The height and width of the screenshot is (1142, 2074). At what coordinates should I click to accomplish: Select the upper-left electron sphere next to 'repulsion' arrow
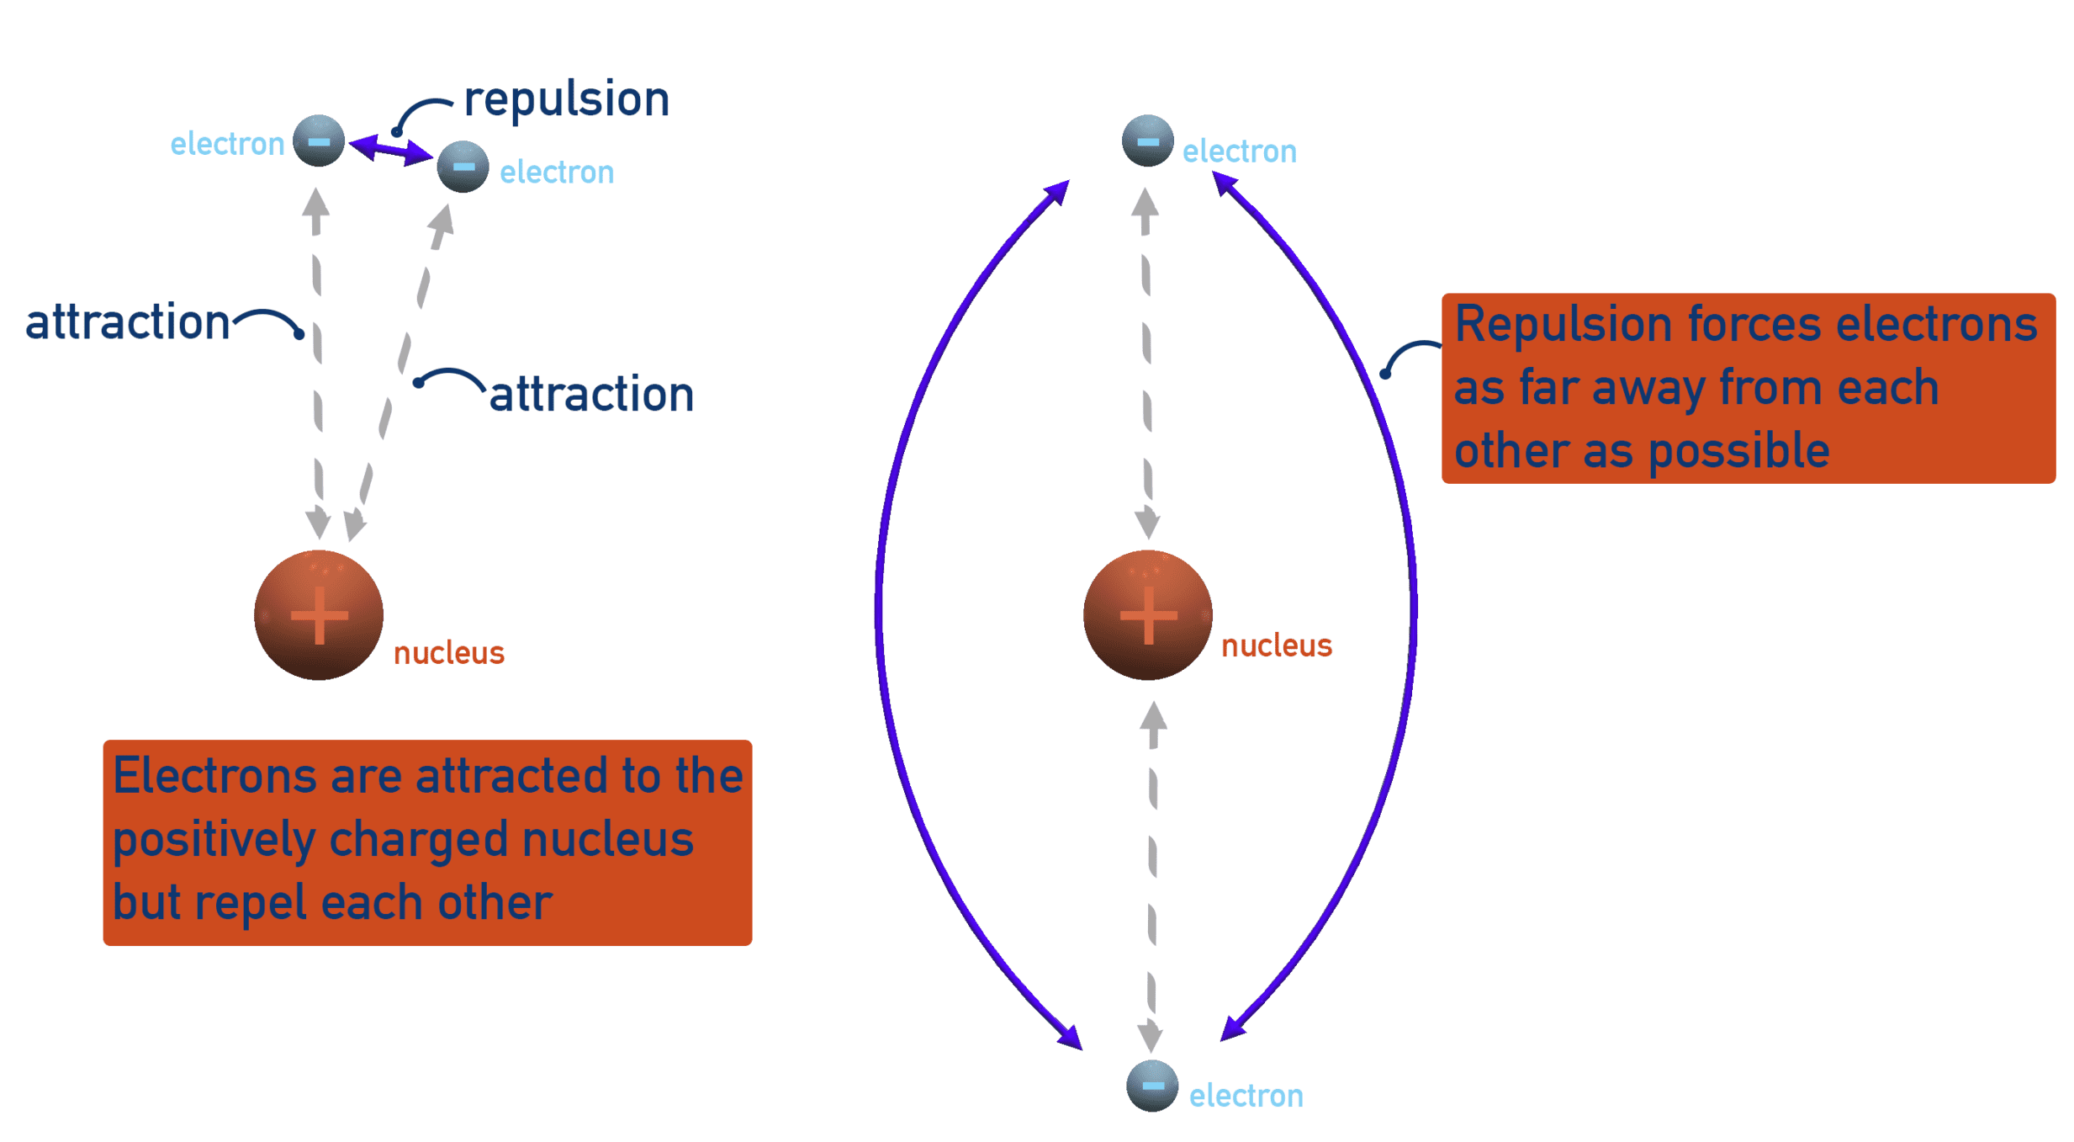tap(319, 141)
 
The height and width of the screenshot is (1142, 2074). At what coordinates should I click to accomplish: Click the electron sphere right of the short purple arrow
tap(463, 167)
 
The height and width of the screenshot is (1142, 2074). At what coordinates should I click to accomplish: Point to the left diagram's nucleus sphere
tap(319, 614)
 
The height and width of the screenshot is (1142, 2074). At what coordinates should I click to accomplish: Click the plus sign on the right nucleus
tap(1148, 615)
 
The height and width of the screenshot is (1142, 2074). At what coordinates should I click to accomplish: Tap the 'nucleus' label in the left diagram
tap(448, 653)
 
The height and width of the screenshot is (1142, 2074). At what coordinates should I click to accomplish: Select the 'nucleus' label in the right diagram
tap(1276, 645)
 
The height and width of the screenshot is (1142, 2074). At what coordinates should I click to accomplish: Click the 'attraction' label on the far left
tap(127, 321)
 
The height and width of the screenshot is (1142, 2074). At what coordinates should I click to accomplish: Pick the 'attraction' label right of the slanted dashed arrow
tap(591, 394)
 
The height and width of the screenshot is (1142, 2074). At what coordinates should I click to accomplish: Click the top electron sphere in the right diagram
tap(1147, 141)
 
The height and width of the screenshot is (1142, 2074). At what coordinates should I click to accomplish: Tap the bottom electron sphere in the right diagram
tap(1151, 1086)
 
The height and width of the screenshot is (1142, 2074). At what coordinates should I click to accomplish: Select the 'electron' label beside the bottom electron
tap(1246, 1096)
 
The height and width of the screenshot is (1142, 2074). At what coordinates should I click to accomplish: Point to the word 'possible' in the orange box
tap(1738, 451)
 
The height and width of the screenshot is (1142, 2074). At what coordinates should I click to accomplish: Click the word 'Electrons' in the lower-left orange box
tap(214, 775)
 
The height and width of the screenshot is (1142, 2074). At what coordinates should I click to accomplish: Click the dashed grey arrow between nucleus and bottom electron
tap(1152, 875)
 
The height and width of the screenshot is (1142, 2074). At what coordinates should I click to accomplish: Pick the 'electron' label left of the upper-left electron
tap(227, 144)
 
